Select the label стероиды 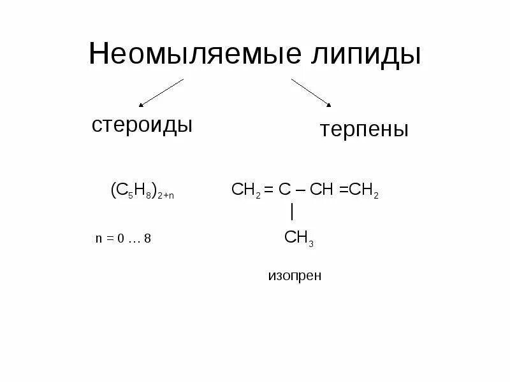click(142, 124)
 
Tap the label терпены click(364, 130)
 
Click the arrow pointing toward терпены click(312, 93)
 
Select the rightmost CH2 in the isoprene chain click(366, 191)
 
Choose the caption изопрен click(295, 276)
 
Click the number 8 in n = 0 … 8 click(147, 239)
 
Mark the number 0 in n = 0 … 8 click(119, 239)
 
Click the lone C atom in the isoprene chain click(284, 190)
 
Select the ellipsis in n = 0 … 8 click(133, 241)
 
